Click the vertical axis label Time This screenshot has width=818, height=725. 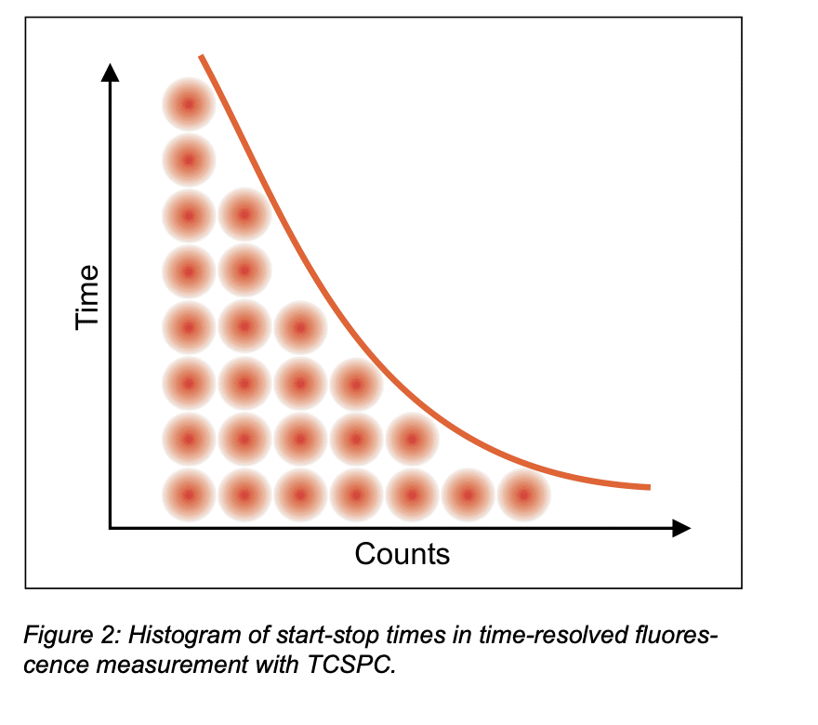point(87,297)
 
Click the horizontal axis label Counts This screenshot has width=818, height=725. point(402,554)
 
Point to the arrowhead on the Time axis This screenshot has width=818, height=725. point(111,71)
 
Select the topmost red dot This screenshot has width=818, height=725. point(189,104)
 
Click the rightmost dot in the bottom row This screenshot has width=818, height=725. point(523,494)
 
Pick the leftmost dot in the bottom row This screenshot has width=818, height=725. point(189,494)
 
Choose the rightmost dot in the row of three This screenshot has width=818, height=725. point(300,327)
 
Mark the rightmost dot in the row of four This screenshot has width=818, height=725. point(356,383)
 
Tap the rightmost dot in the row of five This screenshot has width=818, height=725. point(412,439)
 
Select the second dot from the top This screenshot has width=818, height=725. point(189,160)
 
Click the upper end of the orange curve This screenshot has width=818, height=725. point(201,58)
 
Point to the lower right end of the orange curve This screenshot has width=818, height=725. point(648,487)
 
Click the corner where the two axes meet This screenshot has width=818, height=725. point(111,528)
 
